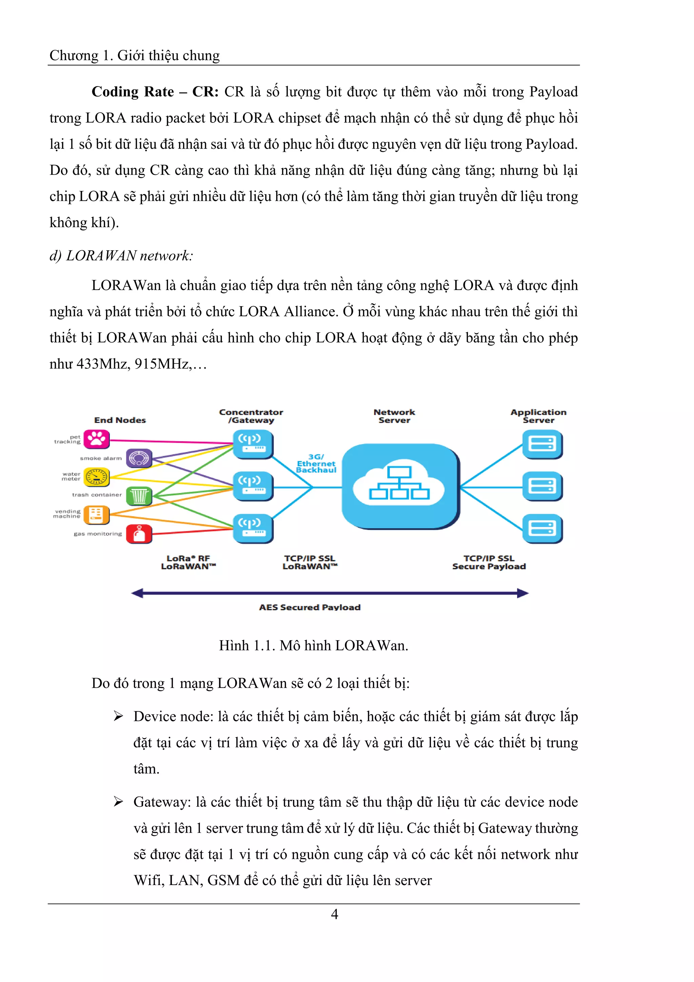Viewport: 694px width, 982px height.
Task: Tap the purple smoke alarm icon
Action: coord(139,458)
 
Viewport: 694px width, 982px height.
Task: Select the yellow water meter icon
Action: coord(97,477)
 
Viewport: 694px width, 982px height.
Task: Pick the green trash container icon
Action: coord(139,496)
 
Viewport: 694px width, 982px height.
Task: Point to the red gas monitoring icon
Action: coord(139,533)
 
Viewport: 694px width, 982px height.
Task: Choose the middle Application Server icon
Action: coord(542,486)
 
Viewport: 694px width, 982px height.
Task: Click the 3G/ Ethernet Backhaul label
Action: coord(316,463)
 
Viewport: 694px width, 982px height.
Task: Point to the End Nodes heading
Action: coord(120,420)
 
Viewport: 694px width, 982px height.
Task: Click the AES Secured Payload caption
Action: coord(310,607)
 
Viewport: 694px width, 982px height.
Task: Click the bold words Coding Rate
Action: coord(133,92)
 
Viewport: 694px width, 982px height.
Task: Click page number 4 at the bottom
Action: coord(334,914)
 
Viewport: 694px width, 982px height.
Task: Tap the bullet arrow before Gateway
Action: coord(118,802)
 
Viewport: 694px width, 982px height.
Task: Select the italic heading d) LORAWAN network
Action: coord(121,255)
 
